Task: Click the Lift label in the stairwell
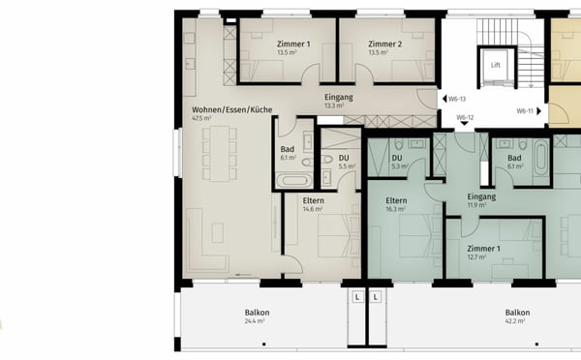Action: coord(496,66)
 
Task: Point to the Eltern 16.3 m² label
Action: coord(396,204)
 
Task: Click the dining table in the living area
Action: coord(218,155)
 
